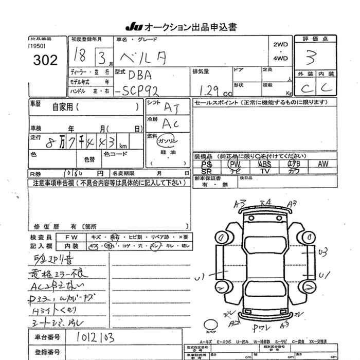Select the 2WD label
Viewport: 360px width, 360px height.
pyautogui.click(x=280, y=45)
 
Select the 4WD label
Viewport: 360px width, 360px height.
pyautogui.click(x=280, y=59)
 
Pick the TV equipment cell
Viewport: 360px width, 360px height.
pyautogui.click(x=265, y=171)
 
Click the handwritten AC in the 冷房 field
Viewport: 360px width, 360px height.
pyautogui.click(x=171, y=123)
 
